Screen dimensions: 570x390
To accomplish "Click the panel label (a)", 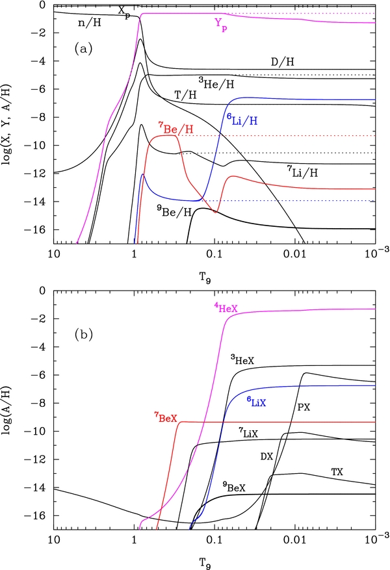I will pos(82,48).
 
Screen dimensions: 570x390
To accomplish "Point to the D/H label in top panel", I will pos(282,61).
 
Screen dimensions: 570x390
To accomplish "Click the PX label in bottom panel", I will pos(304,408).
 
